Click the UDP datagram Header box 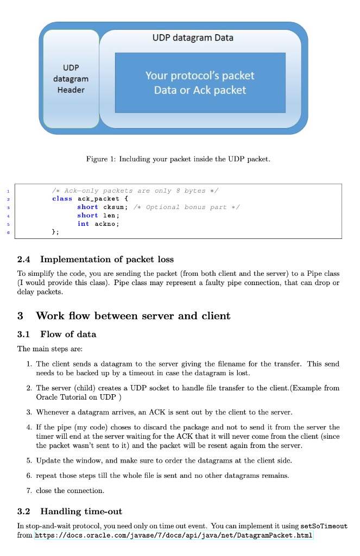pos(71,79)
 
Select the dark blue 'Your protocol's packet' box pos(200,83)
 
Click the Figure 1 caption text pos(178,159)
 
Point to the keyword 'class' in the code pos(62,199)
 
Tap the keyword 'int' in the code pos(83,224)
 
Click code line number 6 pos(8,232)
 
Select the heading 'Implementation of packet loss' pos(107,259)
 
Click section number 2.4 pos(24,259)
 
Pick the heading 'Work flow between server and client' pos(133,315)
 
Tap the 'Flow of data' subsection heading pos(68,334)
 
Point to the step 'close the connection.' pos(70,490)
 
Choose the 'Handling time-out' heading pos(81,511)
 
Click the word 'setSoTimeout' pos(324,526)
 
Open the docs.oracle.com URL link pos(174,535)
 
